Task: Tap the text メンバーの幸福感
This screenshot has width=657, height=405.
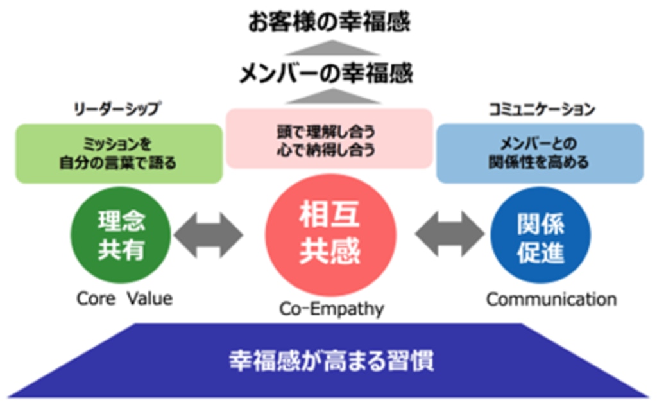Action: pyautogui.click(x=327, y=74)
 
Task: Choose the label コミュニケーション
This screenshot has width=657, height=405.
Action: pyautogui.click(x=540, y=110)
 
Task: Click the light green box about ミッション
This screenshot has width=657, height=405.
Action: pyautogui.click(x=119, y=154)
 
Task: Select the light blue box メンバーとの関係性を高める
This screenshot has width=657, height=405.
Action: pyautogui.click(x=540, y=154)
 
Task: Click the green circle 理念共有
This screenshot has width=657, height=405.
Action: pyautogui.click(x=121, y=236)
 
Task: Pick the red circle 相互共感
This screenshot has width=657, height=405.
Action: pyautogui.click(x=330, y=236)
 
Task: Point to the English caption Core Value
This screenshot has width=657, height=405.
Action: pyautogui.click(x=124, y=298)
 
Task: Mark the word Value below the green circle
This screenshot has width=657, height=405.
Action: pyautogui.click(x=149, y=298)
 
